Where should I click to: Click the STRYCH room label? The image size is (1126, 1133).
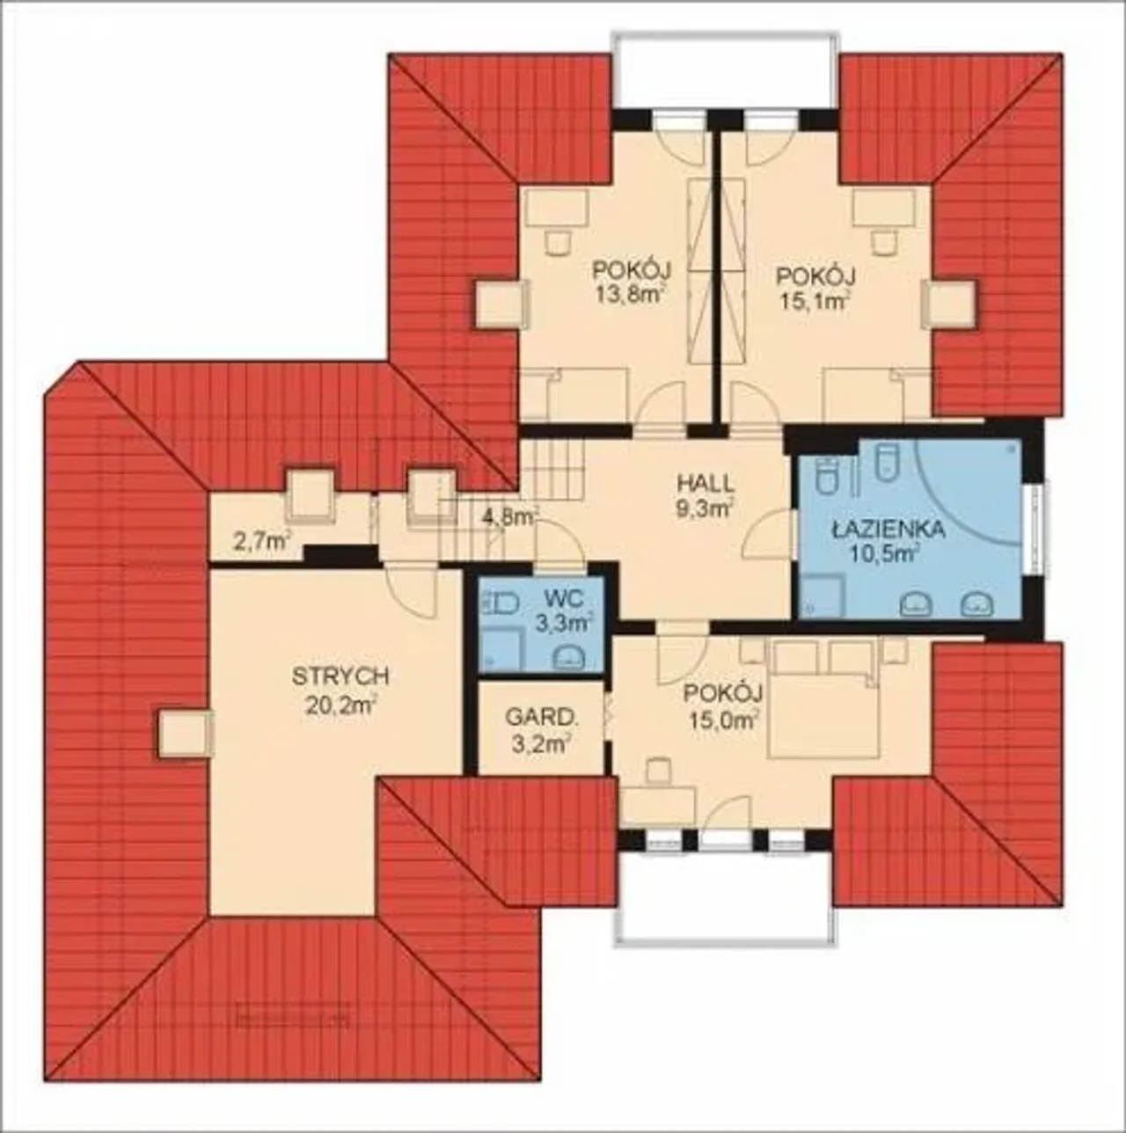click(x=340, y=676)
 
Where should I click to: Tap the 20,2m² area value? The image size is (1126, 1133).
click(x=341, y=705)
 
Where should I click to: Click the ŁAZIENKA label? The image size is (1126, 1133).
click(x=888, y=530)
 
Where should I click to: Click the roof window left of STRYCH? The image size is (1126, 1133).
click(x=183, y=734)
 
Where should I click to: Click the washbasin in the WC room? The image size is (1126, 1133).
click(x=569, y=657)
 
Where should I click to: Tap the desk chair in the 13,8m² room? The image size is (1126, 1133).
click(x=558, y=241)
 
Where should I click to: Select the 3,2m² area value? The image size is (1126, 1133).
click(x=539, y=745)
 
